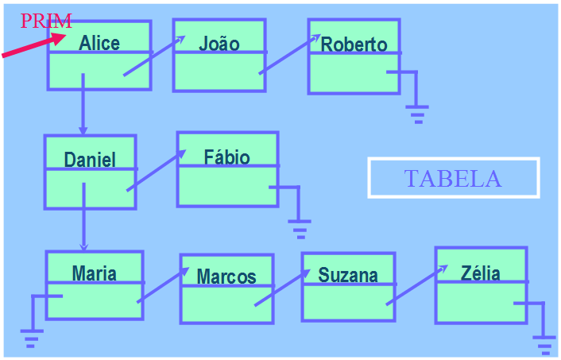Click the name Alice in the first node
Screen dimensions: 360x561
(99, 42)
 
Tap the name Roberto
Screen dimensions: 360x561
(354, 44)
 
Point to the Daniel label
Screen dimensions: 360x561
(90, 159)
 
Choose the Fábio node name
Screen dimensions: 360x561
(227, 157)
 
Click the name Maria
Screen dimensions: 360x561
(95, 274)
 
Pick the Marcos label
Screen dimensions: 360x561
(226, 277)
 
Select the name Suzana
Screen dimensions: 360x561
(348, 275)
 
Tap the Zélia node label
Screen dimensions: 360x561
(481, 273)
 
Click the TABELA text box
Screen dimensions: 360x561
(453, 178)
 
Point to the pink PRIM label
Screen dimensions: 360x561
(46, 21)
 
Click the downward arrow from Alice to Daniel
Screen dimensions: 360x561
(83, 103)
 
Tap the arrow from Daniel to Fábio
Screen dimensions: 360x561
(156, 171)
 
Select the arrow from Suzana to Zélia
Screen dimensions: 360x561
(416, 285)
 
